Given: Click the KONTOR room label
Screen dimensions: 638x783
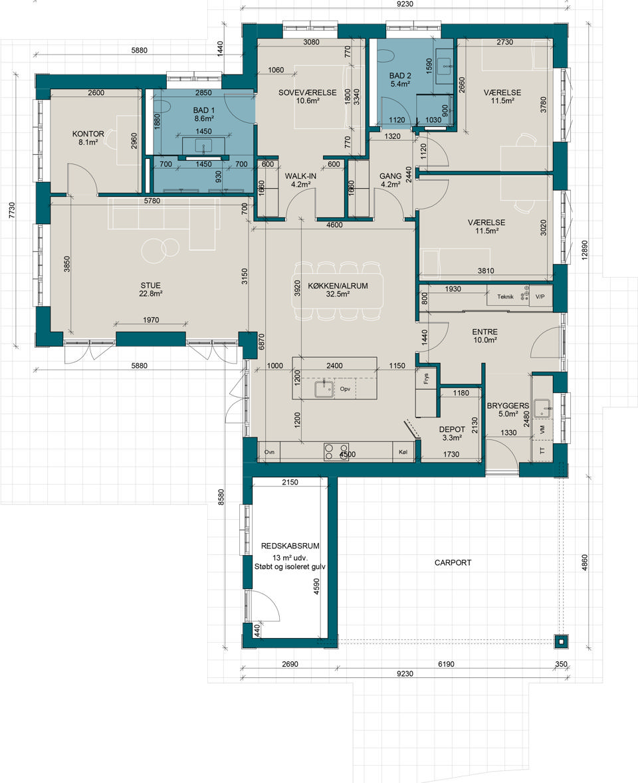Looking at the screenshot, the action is click(88, 134).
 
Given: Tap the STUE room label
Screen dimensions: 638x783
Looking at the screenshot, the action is click(150, 286).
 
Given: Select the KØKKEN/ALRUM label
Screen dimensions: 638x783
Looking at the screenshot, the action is click(338, 286).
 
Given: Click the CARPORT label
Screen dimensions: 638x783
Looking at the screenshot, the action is click(453, 562).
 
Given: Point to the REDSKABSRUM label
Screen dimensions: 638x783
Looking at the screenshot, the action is click(290, 546).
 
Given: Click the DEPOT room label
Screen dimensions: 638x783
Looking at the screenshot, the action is click(452, 429).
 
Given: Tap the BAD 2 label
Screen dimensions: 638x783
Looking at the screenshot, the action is click(400, 76).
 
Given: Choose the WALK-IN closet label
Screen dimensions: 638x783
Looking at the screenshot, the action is click(300, 176).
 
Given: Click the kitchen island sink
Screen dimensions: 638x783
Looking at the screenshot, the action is click(324, 388).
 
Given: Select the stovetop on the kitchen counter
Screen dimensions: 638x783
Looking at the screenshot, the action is click(336, 451).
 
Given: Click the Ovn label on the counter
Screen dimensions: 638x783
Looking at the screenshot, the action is click(269, 452).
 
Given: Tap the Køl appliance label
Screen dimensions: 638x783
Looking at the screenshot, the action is click(403, 452).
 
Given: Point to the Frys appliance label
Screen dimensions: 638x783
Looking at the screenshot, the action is click(427, 379).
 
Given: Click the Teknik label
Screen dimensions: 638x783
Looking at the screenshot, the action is click(505, 296).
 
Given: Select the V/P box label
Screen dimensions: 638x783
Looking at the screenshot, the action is click(540, 296).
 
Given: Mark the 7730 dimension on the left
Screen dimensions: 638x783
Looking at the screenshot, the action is click(12, 210).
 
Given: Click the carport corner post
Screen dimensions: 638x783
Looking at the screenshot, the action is click(562, 641).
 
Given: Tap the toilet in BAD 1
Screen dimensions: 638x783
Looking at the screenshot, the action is click(165, 106).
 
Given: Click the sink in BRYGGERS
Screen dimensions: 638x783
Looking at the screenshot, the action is click(541, 407).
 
